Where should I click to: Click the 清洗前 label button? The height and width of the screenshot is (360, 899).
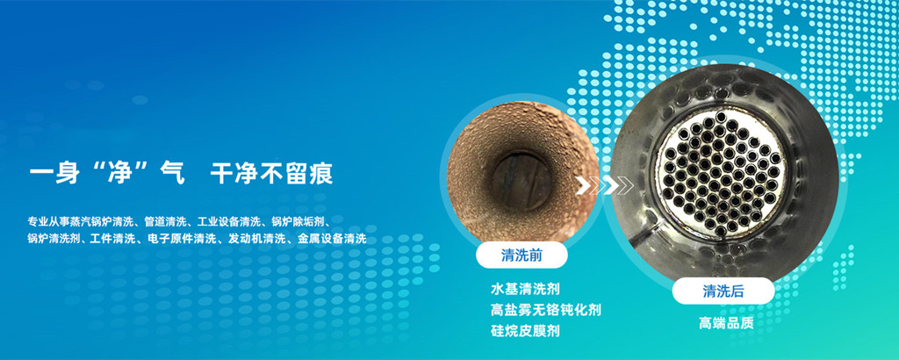click(x=521, y=256)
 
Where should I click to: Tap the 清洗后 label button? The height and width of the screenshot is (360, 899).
click(x=723, y=292)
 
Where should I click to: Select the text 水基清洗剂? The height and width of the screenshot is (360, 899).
click(x=525, y=288)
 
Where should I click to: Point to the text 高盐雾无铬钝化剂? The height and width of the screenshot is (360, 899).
click(x=546, y=310)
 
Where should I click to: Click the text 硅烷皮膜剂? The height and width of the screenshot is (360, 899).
click(x=525, y=331)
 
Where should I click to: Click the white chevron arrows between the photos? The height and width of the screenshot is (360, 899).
click(x=604, y=185)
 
